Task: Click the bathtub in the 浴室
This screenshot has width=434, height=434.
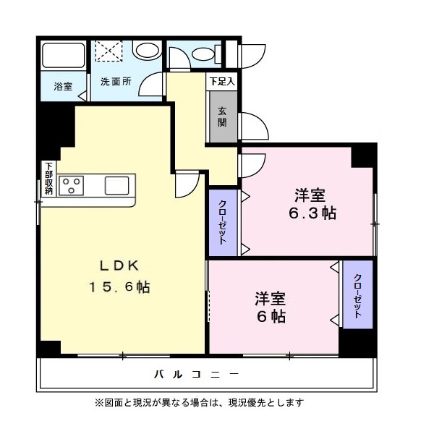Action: (64, 55)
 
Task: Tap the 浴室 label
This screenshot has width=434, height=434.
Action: (63, 87)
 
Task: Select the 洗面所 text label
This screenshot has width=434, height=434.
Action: (116, 82)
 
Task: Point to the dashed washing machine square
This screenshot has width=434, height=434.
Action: (109, 51)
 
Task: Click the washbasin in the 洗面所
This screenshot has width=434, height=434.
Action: (148, 51)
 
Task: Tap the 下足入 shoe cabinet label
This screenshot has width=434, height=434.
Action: (222, 82)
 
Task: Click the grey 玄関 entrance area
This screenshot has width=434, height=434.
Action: (223, 116)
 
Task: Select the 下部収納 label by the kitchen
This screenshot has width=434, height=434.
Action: (49, 179)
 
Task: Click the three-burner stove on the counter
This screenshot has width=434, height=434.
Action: (72, 186)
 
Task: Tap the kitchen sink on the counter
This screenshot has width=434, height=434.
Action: (116, 185)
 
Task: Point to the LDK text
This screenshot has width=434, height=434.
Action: (119, 266)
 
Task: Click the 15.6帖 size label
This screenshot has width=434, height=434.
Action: (119, 287)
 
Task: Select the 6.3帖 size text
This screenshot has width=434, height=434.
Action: (312, 213)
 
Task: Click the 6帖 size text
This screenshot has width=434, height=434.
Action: (271, 317)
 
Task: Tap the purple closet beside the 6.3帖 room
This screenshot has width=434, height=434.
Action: (223, 223)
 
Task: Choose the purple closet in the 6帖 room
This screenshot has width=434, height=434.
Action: (357, 294)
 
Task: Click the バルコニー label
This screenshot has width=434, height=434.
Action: (196, 375)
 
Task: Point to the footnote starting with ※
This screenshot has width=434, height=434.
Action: (200, 402)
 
